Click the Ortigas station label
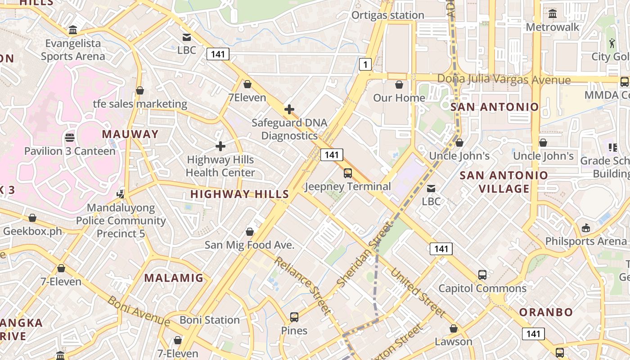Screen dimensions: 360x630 pos(387,15)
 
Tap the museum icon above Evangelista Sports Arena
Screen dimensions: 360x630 pos(73,30)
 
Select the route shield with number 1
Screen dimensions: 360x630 pos(365,65)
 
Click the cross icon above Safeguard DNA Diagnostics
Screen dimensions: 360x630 pos(289,109)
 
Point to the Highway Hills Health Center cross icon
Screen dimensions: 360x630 pos(220,146)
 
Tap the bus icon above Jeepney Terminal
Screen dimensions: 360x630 pos(347,173)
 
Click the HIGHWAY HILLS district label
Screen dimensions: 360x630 pos(239,194)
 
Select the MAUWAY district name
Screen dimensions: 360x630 pos(130,134)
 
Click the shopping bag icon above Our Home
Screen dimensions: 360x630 pos(399,85)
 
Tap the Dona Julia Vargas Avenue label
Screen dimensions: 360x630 pos(504,80)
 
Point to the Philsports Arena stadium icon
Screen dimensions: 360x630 pos(586,228)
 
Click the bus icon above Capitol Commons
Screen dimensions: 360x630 pos(482,274)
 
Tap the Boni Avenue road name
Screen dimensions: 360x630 pos(138,310)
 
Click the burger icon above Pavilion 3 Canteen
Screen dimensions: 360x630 pos(70,137)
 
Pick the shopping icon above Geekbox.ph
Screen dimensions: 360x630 pos(32,218)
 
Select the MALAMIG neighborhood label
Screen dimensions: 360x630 pos(174,278)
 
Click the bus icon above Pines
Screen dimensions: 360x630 pos(294,317)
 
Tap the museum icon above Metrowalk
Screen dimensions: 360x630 pos(553,13)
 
